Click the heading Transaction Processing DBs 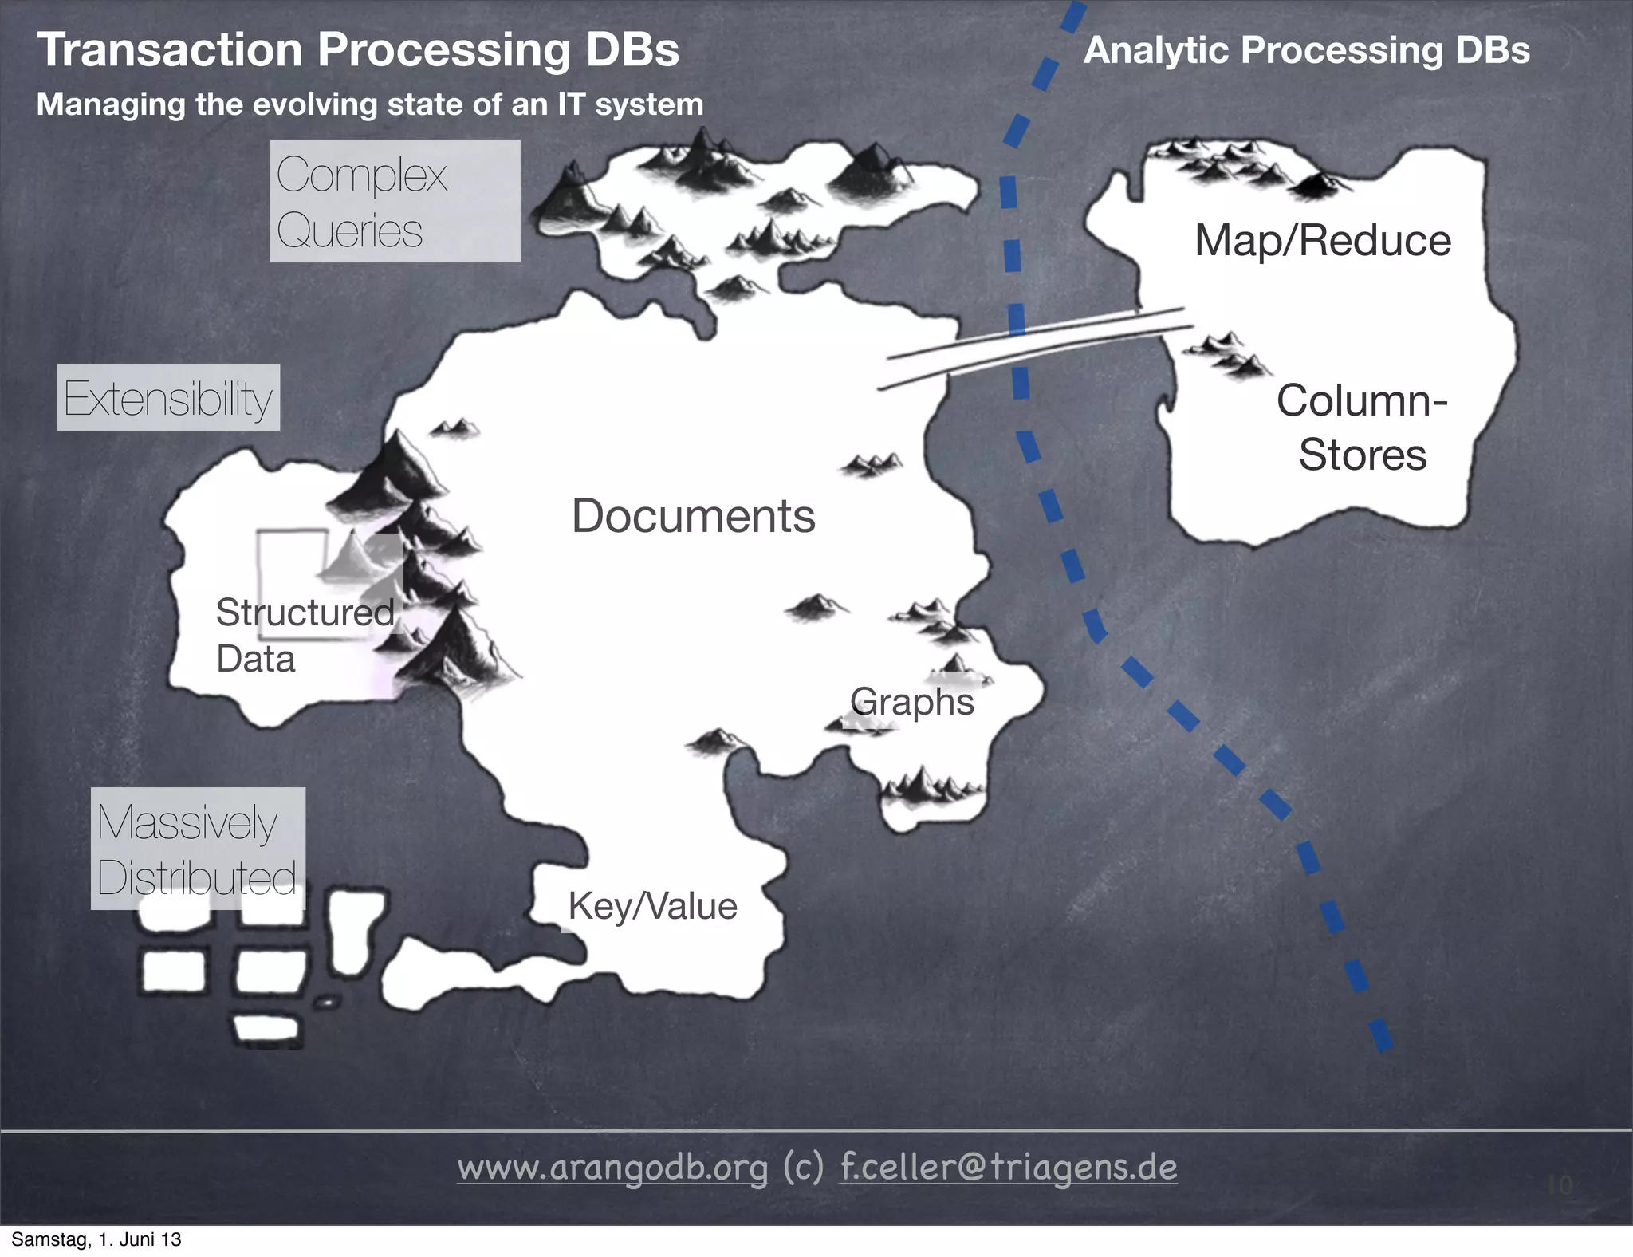[358, 49]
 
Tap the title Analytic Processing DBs [1306, 50]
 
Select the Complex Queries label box [395, 201]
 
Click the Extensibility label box [168, 398]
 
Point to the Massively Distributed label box [198, 849]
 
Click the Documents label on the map [693, 516]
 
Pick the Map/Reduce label [1322, 241]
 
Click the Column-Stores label [1362, 428]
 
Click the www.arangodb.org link [612, 1168]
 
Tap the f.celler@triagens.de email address [1009, 1168]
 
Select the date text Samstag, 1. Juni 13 [96, 1239]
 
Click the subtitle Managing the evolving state [370, 104]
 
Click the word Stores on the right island [1362, 455]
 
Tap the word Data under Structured [255, 659]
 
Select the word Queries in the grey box [349, 231]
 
